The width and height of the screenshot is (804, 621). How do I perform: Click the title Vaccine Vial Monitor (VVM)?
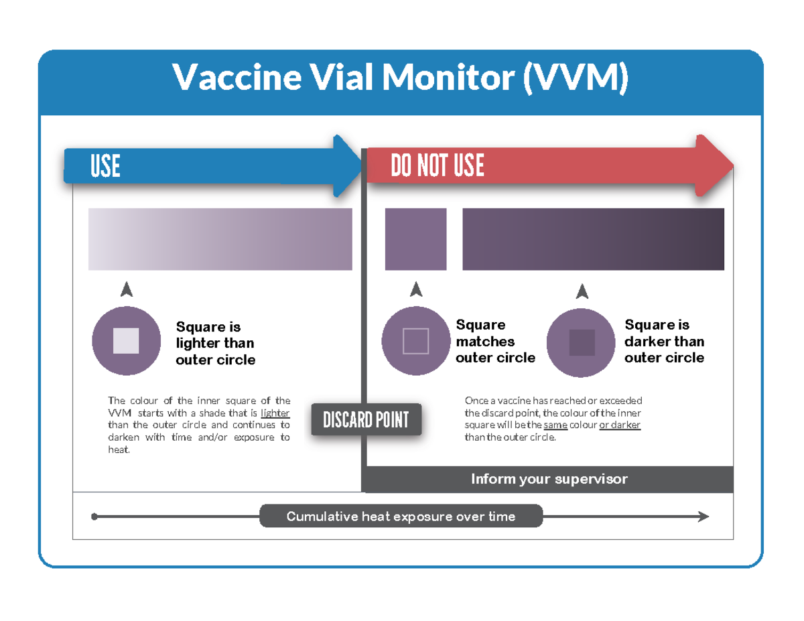tap(401, 78)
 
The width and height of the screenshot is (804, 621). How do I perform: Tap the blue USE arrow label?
tap(105, 166)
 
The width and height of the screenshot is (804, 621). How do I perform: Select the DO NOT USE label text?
tap(438, 166)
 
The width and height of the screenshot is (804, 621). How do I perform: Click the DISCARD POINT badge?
tap(366, 420)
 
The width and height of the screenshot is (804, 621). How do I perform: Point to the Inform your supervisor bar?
tap(549, 479)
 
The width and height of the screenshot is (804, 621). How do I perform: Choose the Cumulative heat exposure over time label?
tap(401, 516)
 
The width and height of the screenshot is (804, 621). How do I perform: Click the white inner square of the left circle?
tap(126, 340)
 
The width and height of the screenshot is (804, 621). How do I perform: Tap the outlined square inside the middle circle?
tap(415, 341)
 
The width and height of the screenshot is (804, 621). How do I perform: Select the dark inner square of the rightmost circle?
tap(582, 342)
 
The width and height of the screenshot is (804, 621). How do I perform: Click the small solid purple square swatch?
tap(415, 239)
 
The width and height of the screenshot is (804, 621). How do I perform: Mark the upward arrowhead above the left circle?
tap(126, 289)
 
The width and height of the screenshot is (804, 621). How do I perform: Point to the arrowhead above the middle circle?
tap(416, 289)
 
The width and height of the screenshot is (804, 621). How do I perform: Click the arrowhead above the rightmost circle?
tap(582, 291)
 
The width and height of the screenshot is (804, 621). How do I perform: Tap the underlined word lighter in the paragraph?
tap(275, 413)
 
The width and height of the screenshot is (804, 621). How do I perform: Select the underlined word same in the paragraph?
tap(555, 425)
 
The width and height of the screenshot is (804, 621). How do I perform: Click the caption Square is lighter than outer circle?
tap(215, 343)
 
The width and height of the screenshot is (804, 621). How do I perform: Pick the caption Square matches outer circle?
tap(495, 341)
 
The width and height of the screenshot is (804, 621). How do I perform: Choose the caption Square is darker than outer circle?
tap(664, 341)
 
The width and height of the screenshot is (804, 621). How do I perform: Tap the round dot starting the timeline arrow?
tap(94, 516)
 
